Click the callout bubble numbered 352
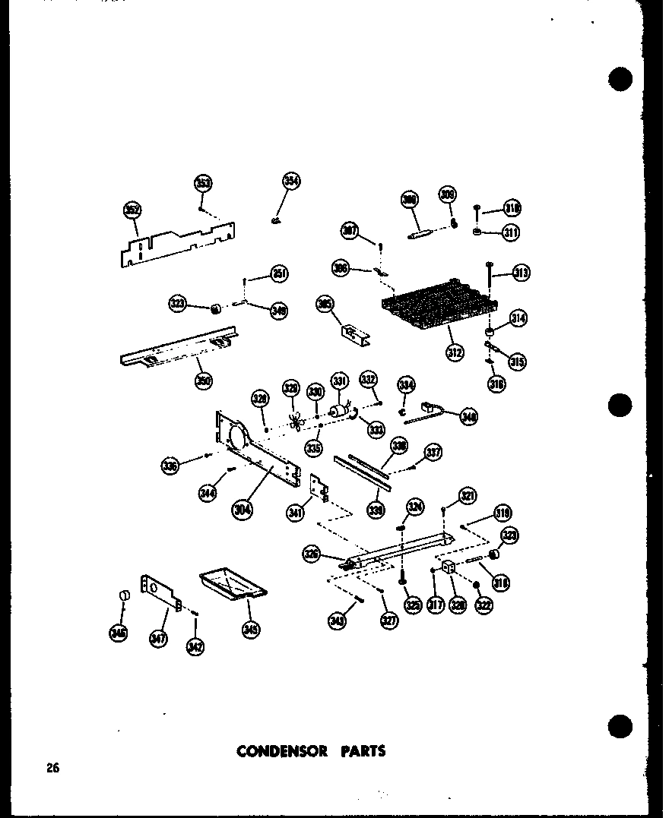(x=132, y=210)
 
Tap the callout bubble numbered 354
(x=291, y=181)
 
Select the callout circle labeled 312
(x=455, y=352)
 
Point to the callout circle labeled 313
(x=522, y=273)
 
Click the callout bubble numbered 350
(x=203, y=381)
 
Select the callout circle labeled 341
(x=296, y=513)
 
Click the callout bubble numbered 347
(x=158, y=639)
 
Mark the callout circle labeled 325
(x=413, y=605)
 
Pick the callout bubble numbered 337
(x=433, y=453)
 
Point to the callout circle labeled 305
(x=325, y=305)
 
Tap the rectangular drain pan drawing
(x=232, y=586)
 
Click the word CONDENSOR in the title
(x=281, y=751)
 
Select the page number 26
(x=52, y=768)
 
